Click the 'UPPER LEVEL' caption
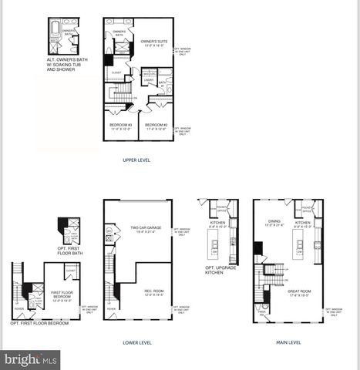(136, 160)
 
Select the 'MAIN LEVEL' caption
(288, 342)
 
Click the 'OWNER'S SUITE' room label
(155, 43)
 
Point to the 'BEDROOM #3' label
(119, 126)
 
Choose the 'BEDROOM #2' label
(156, 126)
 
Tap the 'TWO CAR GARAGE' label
(146, 229)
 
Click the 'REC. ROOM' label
(153, 292)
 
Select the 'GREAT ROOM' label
(300, 292)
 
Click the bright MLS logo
(31, 359)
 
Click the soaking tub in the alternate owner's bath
(54, 35)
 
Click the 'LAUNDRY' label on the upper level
(148, 79)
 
